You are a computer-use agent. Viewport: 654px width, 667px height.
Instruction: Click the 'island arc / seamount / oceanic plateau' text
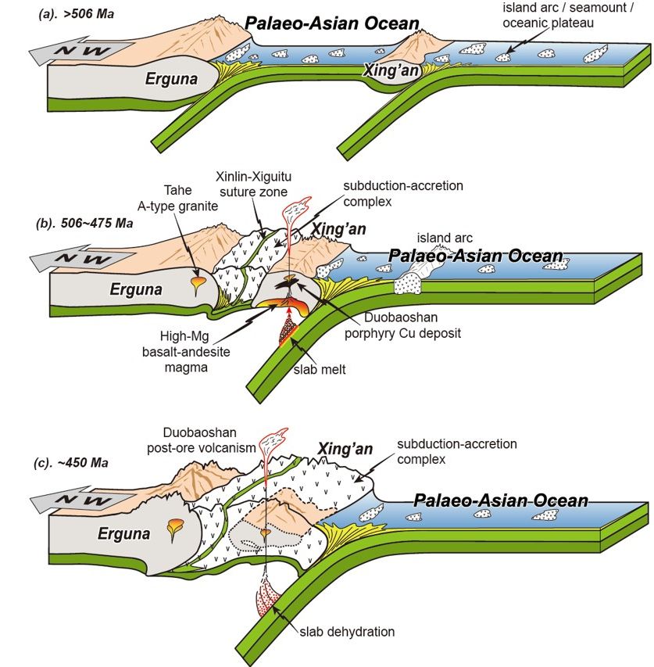coord(547,16)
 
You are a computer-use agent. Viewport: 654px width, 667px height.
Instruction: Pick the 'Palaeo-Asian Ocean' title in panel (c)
coord(500,500)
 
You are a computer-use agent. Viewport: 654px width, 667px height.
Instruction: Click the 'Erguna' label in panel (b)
coord(137,289)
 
